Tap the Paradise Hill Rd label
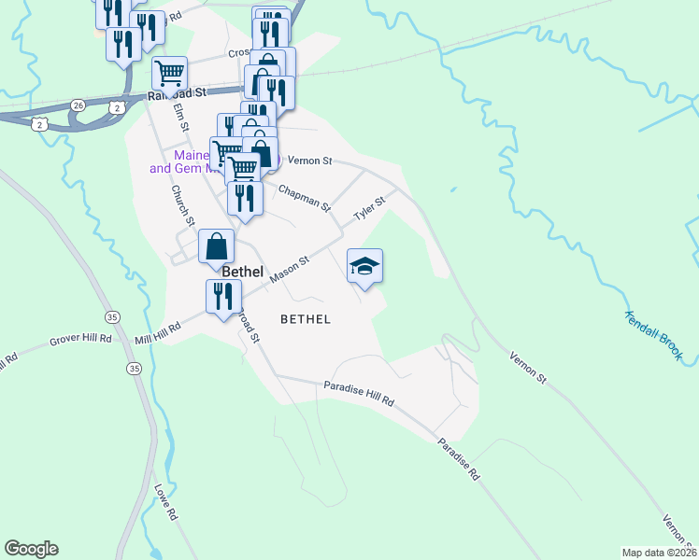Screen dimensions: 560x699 359,393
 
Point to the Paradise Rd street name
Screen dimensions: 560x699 460,459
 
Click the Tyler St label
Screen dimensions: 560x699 369,209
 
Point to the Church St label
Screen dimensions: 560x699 181,204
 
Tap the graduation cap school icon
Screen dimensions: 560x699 364,265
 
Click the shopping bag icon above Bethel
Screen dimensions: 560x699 216,246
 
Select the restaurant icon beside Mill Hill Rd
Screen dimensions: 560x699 222,296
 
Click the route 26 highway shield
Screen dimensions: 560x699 78,105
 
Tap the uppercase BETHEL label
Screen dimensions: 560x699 306,318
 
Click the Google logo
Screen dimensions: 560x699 31,549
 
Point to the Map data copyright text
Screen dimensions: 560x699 659,552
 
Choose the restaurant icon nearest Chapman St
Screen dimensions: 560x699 244,197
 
